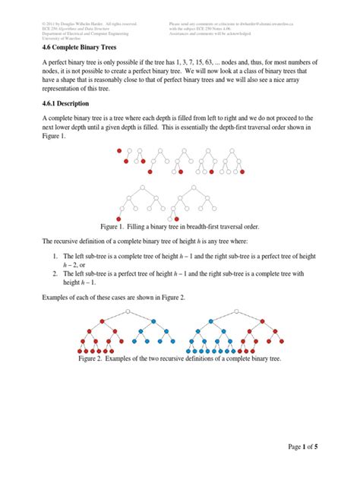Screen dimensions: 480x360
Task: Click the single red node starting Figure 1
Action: (x=119, y=150)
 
